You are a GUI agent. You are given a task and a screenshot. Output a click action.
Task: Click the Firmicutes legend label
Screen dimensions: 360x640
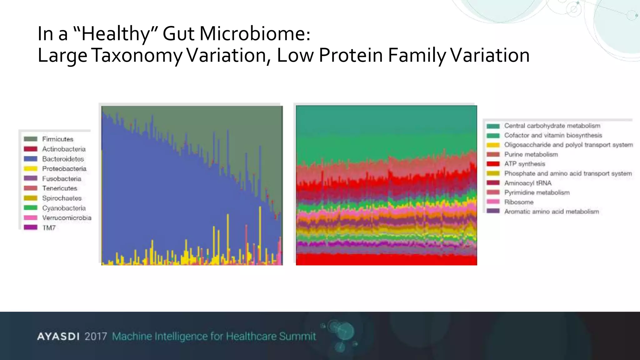tap(57, 139)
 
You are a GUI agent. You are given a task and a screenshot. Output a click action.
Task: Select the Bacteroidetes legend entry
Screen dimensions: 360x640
tap(63, 159)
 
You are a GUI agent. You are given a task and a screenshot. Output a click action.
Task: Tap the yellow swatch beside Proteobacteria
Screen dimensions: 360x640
tap(31, 169)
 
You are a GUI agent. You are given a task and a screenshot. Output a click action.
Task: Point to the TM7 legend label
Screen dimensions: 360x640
tap(49, 228)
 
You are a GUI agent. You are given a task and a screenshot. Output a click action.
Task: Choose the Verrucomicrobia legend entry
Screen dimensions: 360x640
tap(67, 218)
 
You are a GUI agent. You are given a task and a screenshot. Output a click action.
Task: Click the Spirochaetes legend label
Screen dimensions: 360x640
tap(62, 198)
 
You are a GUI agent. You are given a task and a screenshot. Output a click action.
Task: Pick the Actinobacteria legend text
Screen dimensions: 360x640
tap(64, 149)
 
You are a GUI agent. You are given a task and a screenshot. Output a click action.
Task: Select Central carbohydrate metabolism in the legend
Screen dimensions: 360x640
tap(552, 126)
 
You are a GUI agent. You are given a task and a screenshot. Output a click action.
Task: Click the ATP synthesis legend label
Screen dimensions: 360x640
tap(524, 164)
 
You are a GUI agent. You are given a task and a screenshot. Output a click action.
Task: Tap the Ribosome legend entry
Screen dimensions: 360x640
tap(519, 202)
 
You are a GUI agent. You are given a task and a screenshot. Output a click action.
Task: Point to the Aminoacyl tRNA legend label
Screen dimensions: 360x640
tap(527, 183)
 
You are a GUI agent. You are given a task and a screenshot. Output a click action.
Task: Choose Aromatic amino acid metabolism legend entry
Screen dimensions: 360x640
tap(551, 212)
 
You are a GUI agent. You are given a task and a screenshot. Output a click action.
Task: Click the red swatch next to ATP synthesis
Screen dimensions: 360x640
tap(493, 164)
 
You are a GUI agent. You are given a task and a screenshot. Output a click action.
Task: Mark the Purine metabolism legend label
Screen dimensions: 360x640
tap(531, 154)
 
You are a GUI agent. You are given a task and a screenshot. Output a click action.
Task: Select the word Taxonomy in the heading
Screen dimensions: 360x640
tap(137, 55)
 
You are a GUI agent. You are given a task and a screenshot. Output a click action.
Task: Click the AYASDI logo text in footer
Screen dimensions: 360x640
tap(58, 337)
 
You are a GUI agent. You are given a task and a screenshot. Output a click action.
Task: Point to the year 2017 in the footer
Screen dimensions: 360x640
tap(96, 337)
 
